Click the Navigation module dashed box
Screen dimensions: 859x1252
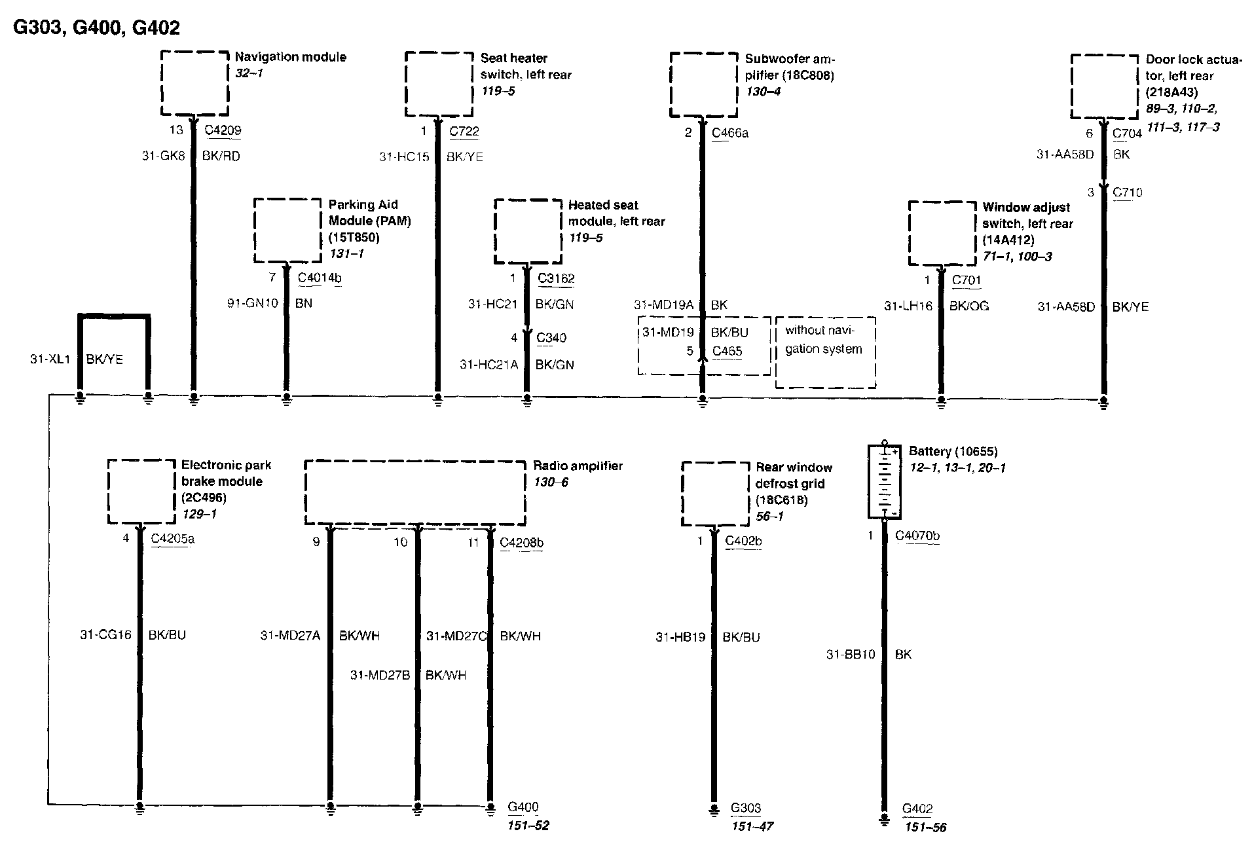(194, 83)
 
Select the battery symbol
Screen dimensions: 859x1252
(884, 481)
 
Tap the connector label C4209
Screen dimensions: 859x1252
(223, 130)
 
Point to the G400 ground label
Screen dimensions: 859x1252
(523, 807)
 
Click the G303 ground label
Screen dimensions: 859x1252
(746, 808)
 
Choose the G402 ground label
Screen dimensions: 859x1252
(917, 809)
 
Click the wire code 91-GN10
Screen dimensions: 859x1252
(253, 304)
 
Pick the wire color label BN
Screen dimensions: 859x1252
(304, 304)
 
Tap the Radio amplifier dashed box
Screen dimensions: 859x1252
(415, 493)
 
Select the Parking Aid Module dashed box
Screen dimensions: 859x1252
(287, 231)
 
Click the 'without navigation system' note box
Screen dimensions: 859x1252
(825, 352)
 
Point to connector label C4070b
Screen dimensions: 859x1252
(917, 536)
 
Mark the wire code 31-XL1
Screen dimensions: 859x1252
(50, 359)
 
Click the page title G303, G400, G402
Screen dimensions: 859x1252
(96, 27)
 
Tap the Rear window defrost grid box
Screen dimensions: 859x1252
(715, 494)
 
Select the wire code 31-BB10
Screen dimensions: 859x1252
(851, 654)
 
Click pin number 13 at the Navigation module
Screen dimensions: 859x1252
(176, 130)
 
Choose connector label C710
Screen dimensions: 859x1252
(1127, 192)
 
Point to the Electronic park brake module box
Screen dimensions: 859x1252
(141, 492)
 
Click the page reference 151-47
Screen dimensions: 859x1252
(752, 826)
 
